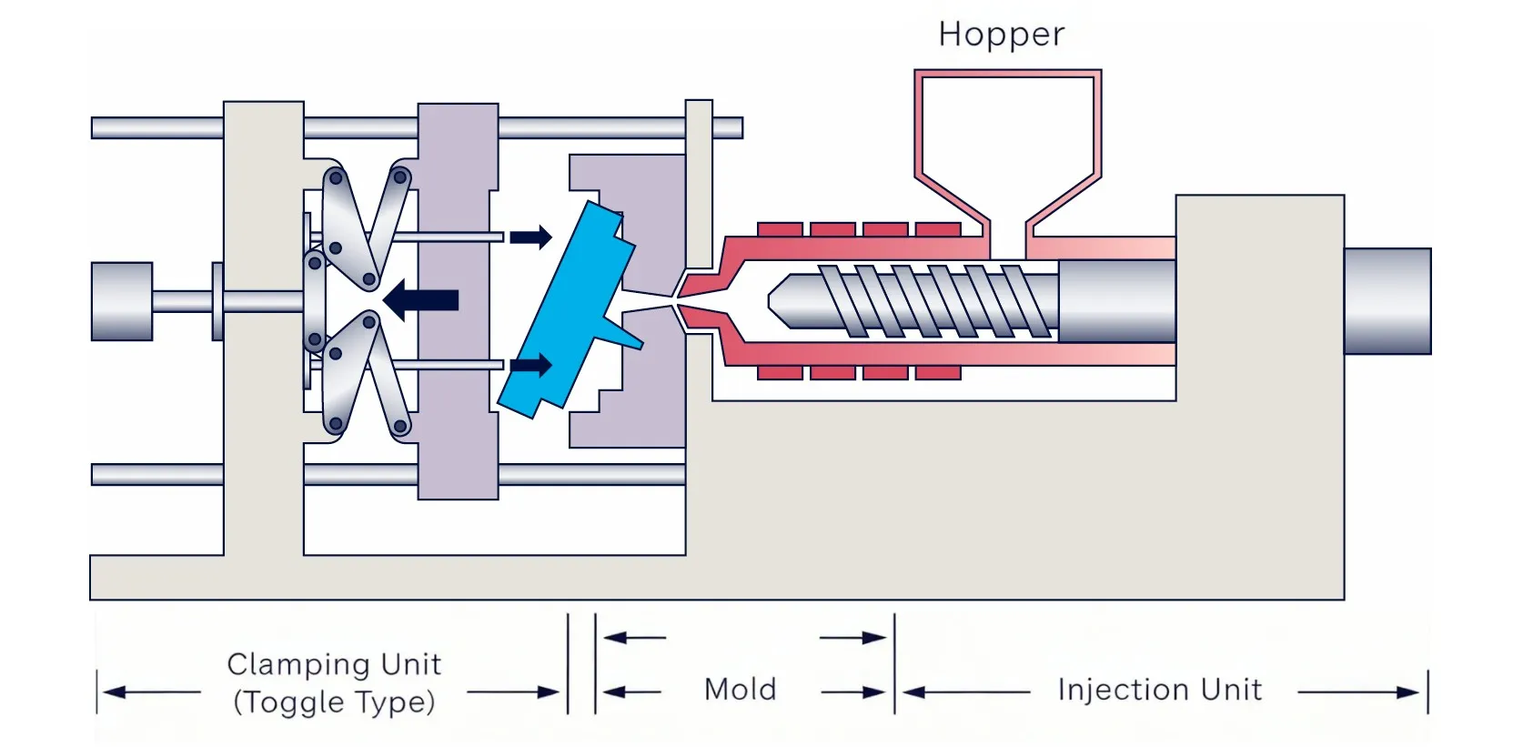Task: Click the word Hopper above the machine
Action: (1001, 35)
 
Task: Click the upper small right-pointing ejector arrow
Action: (531, 237)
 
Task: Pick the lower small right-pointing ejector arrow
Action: (531, 366)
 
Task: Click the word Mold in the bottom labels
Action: (740, 690)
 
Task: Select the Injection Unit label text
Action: (1159, 690)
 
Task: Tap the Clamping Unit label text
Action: (334, 664)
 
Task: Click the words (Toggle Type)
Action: (334, 702)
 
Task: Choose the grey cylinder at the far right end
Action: (1387, 300)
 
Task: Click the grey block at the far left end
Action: (121, 301)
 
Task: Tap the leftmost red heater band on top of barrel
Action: (780, 228)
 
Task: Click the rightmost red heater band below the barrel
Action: (938, 373)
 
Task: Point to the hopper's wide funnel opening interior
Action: (1007, 127)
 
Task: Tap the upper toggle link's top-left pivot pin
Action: (336, 177)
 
